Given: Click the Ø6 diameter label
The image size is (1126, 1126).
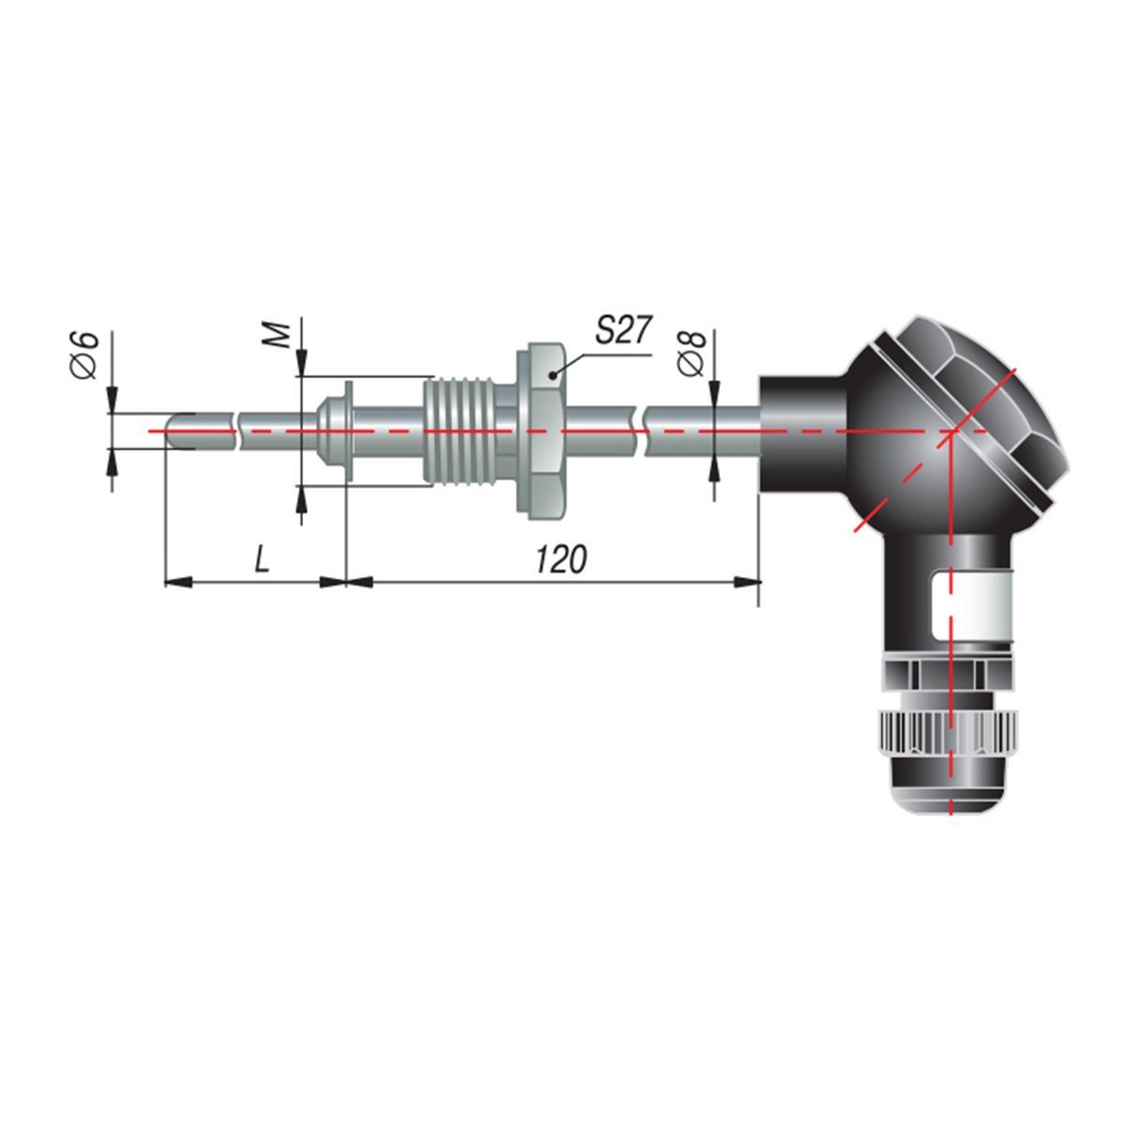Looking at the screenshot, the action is (84, 356).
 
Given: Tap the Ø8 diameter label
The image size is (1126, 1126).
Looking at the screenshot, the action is (693, 354).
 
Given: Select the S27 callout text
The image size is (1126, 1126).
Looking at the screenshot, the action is (622, 330).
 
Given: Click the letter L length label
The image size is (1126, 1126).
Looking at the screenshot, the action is (263, 560).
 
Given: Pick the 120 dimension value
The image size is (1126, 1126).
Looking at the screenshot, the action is (560, 560).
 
